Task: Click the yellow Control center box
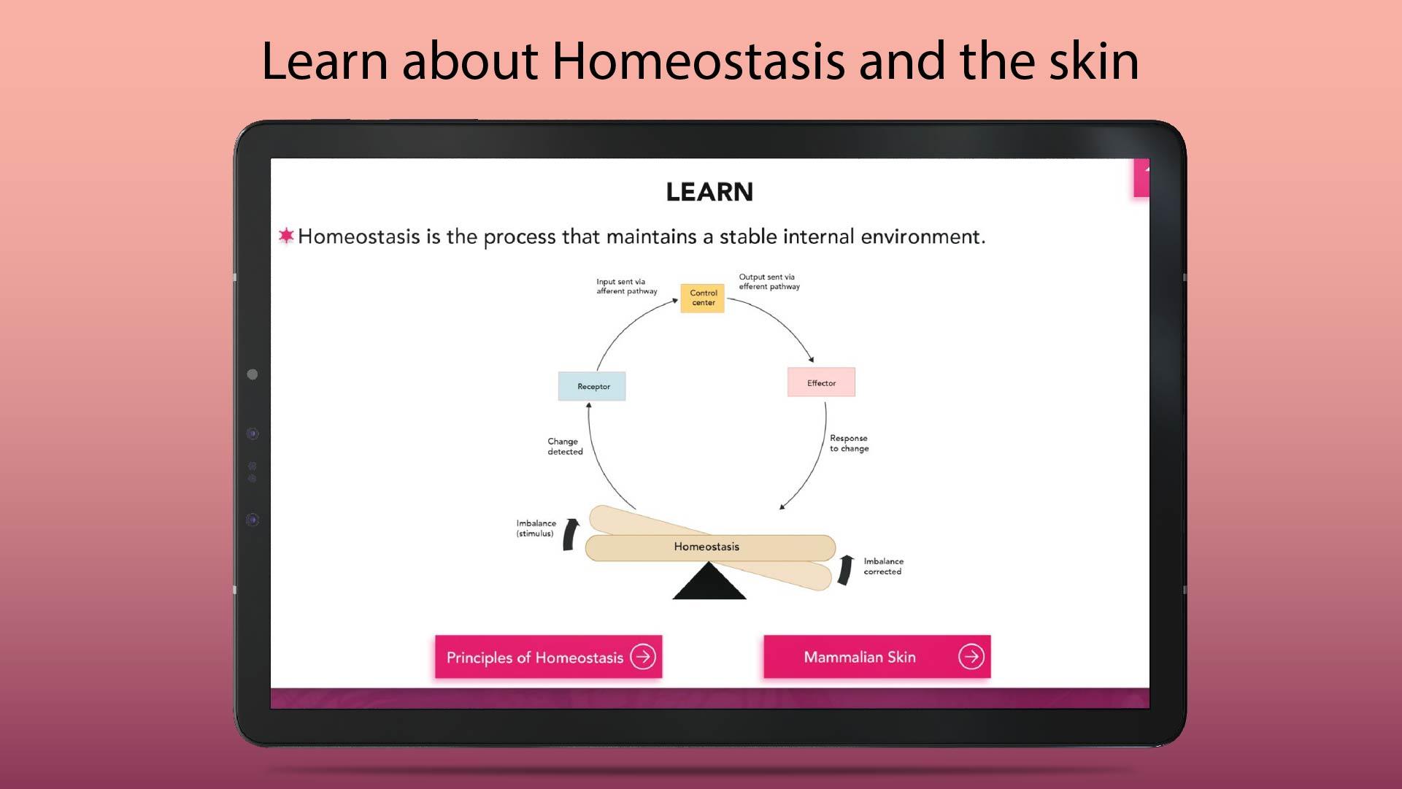[x=702, y=298]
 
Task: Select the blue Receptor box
[x=592, y=386]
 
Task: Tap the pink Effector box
[x=821, y=382]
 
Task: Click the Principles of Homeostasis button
[x=549, y=657]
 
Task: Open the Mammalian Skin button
[x=877, y=657]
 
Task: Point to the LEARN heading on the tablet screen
[x=709, y=192]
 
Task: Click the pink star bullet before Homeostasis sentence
[x=286, y=235]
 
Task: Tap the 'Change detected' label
[x=565, y=447]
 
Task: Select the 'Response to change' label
[x=849, y=444]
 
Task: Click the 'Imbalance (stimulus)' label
[x=536, y=528]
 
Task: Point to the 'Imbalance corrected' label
[x=883, y=566]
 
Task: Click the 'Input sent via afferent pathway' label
[x=626, y=286]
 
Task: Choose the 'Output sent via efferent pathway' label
[x=769, y=282]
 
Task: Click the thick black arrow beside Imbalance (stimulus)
[x=570, y=534]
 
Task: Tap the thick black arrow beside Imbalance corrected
[x=845, y=569]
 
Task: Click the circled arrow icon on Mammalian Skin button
[x=971, y=657]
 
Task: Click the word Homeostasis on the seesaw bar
[x=706, y=547]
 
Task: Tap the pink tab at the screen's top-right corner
[x=1141, y=178]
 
